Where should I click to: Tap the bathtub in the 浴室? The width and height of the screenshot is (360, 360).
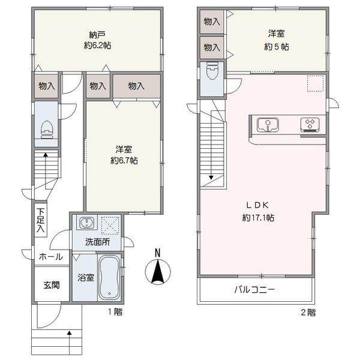click(x=109, y=277)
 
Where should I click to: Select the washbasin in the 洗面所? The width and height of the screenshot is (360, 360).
click(x=87, y=223)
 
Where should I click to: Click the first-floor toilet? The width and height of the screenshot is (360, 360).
click(x=47, y=130)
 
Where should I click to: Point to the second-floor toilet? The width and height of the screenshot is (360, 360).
click(x=212, y=70)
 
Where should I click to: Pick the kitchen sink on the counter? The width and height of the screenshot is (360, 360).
click(x=268, y=125)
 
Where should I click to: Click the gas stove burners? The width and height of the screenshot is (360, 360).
click(x=310, y=125)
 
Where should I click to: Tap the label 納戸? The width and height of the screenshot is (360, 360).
click(x=97, y=35)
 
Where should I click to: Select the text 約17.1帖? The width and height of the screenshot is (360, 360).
click(x=258, y=217)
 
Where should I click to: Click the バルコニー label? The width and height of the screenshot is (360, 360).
click(x=254, y=290)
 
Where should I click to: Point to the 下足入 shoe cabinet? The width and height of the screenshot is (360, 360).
click(x=41, y=220)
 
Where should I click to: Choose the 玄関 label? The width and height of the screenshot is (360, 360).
click(x=52, y=285)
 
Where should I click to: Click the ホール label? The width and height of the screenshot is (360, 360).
click(x=51, y=256)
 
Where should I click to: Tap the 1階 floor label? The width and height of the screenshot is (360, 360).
click(x=115, y=312)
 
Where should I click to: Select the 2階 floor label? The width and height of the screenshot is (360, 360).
click(x=308, y=313)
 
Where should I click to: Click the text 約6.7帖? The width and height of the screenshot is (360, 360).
click(x=124, y=160)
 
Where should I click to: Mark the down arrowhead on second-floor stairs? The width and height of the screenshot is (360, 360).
click(x=211, y=177)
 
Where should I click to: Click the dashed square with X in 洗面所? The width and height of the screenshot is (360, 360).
click(x=110, y=226)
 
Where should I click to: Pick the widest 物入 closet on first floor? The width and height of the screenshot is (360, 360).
click(x=137, y=86)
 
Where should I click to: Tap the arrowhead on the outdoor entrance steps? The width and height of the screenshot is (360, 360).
click(x=69, y=332)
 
